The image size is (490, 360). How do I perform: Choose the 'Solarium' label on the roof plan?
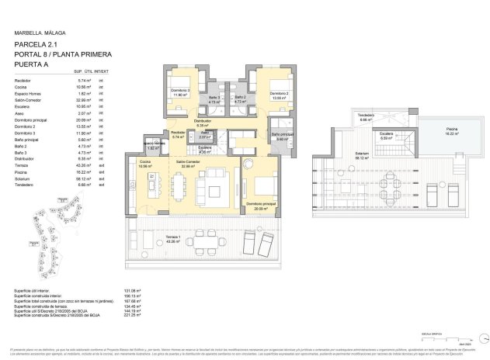tap(363, 154)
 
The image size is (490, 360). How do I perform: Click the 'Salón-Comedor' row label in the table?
tap(30, 100)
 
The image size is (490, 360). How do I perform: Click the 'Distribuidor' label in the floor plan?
tap(203, 123)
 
